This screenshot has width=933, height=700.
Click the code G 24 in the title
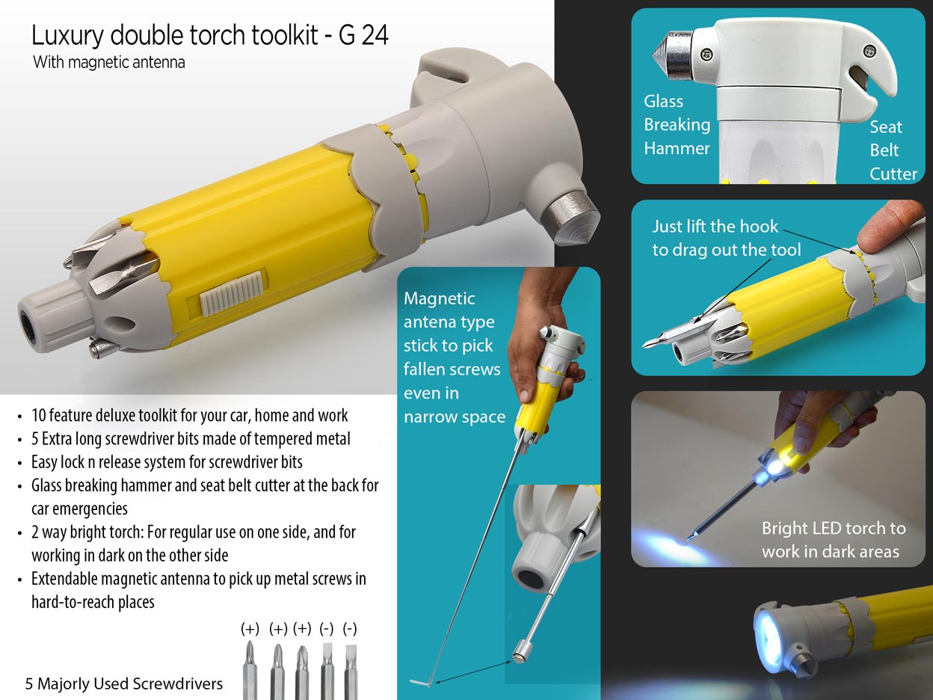363,35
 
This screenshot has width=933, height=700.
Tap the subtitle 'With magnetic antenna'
109,63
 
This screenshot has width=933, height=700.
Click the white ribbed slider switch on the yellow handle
232,294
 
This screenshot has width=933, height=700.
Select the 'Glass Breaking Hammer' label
677,125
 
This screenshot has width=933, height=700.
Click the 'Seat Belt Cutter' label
893,150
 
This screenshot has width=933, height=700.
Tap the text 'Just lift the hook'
715,227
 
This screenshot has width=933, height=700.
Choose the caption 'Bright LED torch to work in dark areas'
833,540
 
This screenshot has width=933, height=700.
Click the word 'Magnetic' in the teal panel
439,298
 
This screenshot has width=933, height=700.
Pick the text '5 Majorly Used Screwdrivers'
123,684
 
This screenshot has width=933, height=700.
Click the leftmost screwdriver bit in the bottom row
250,670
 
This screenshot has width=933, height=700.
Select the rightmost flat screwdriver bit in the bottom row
351,672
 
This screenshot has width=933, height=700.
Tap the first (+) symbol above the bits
250,629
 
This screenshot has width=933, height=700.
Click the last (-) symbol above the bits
350,629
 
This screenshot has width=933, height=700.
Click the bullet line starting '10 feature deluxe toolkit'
190,415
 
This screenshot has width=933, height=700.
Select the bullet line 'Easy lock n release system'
167,462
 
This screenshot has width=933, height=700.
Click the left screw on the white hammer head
706,54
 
